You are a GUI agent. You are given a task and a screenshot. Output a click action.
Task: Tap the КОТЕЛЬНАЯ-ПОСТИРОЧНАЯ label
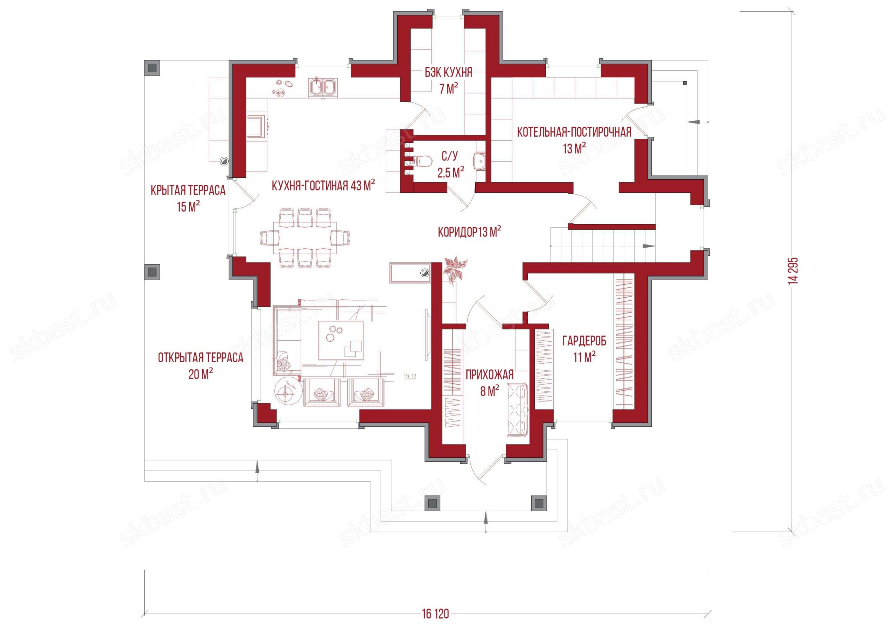coord(574,132)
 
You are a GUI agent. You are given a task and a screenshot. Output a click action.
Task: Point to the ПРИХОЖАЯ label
coord(489,375)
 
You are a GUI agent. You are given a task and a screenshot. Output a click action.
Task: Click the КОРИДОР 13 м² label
coord(469,233)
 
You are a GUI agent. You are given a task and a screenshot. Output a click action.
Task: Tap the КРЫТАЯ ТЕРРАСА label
coord(188,190)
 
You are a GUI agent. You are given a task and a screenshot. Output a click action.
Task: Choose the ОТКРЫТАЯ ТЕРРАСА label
coord(201,358)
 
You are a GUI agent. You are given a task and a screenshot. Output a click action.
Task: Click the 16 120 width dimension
coord(435,615)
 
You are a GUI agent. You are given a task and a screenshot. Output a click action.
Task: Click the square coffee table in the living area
coord(341,340)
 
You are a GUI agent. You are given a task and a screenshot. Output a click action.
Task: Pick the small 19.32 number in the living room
coord(410,377)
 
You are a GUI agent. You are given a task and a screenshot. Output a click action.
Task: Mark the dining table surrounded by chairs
coord(305,238)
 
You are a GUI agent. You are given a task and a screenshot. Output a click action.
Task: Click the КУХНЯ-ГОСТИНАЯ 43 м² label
coord(323,186)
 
